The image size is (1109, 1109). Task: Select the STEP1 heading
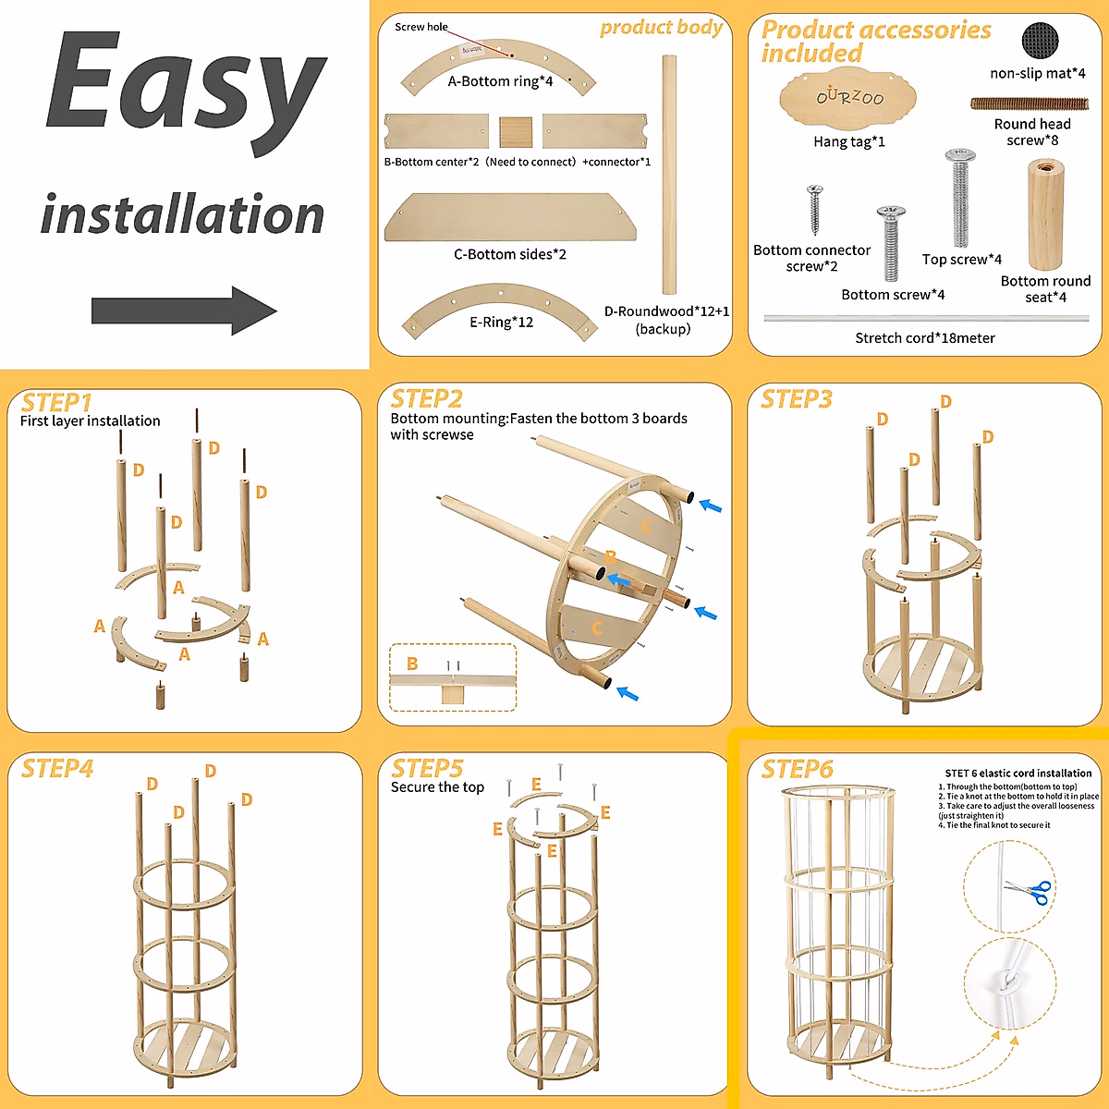56,403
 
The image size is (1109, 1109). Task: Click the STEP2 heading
426,399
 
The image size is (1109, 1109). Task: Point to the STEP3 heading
796,399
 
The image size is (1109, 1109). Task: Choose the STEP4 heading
56,769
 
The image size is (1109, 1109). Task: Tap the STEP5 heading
426,769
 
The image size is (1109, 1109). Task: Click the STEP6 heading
797,769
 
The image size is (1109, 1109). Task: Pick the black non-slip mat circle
1040,42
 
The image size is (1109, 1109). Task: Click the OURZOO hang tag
847,99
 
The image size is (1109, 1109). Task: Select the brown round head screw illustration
1029,104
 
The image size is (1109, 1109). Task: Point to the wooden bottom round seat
1045,214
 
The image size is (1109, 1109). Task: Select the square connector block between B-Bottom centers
516,132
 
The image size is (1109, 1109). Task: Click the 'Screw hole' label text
421,27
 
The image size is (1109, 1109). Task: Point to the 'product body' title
661,28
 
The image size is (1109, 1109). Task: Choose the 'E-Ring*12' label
501,323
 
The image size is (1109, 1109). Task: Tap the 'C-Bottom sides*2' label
510,254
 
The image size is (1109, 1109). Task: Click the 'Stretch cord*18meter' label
924,338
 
